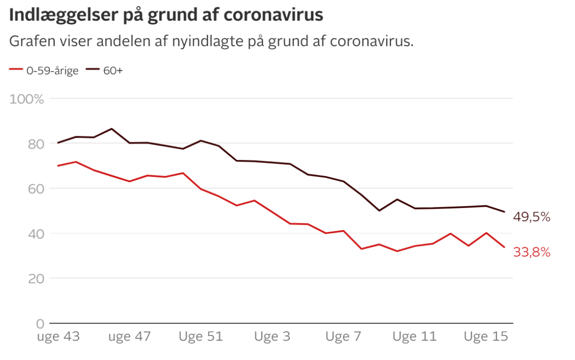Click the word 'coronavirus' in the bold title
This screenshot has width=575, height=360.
pos(274,15)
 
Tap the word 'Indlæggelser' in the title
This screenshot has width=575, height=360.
pos(63,15)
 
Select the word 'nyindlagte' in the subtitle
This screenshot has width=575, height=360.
pos(207,41)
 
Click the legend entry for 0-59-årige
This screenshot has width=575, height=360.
pos(44,70)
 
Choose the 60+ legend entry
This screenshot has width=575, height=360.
pos(104,70)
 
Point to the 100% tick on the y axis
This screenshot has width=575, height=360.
pos(26,99)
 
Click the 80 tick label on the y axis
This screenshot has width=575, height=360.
pos(36,144)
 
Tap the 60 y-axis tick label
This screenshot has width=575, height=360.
pos(36,189)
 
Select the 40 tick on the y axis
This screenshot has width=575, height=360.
pos(36,234)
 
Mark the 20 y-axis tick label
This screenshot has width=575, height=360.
pos(36,279)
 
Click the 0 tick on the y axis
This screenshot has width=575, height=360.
pos(40,324)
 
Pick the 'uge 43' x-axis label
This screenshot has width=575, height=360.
pos(58,337)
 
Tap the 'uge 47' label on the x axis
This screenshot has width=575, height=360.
pos(130,337)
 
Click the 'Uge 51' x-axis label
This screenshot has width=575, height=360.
pos(201,337)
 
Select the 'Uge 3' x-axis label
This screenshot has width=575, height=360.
pos(272,337)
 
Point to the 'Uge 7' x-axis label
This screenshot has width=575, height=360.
pos(343,337)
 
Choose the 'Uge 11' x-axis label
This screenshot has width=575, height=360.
pos(414,337)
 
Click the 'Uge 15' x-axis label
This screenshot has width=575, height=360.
pos(486,337)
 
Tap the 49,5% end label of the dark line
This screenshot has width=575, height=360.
pos(531,217)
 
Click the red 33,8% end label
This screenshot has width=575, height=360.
pos(531,252)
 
